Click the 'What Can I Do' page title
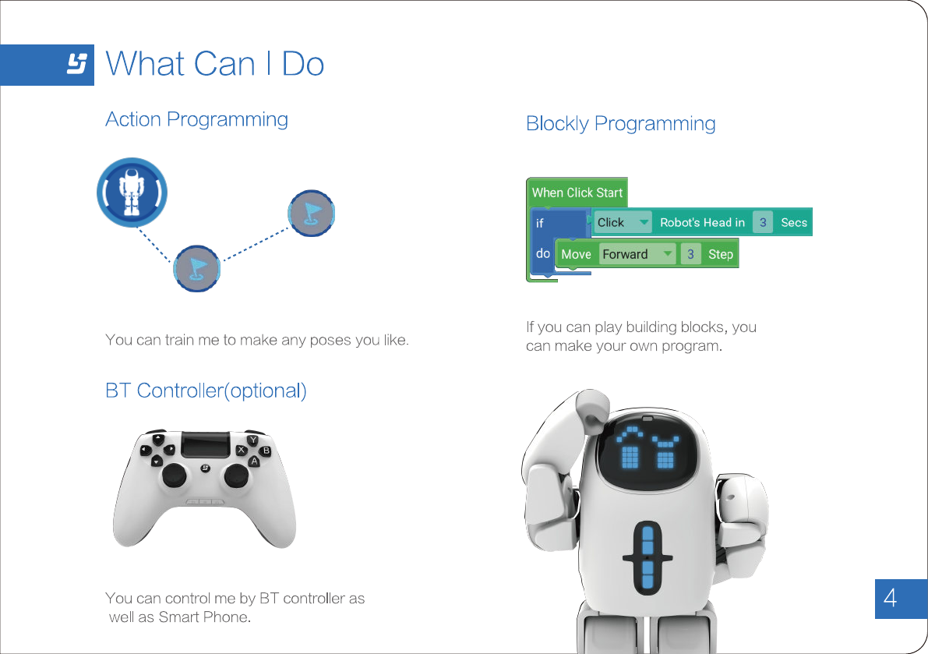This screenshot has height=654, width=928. [x=214, y=64]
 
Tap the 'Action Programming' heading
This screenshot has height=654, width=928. [x=196, y=119]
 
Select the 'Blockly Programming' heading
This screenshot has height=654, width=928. [x=620, y=123]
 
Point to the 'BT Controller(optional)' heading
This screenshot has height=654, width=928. [x=206, y=391]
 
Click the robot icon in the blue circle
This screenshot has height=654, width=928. [x=132, y=192]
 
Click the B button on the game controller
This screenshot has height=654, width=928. [x=266, y=451]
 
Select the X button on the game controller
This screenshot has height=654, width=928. [x=241, y=451]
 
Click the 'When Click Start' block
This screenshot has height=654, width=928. [x=577, y=193]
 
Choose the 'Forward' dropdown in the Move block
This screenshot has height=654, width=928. [x=637, y=254]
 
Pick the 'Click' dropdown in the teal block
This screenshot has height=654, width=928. [x=622, y=222]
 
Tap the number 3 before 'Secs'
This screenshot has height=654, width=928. [x=763, y=222]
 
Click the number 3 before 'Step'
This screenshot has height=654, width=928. [x=690, y=254]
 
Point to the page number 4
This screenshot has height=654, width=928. [x=891, y=599]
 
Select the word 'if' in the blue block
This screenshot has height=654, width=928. [x=540, y=223]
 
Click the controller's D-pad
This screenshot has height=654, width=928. [x=156, y=451]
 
